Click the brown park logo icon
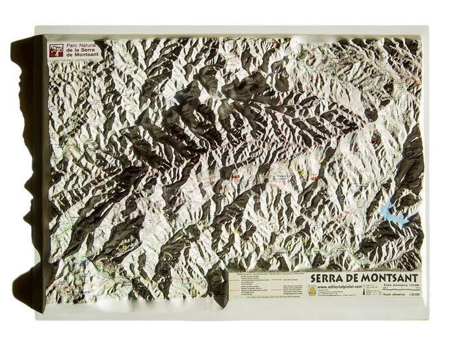pos(57,50)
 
